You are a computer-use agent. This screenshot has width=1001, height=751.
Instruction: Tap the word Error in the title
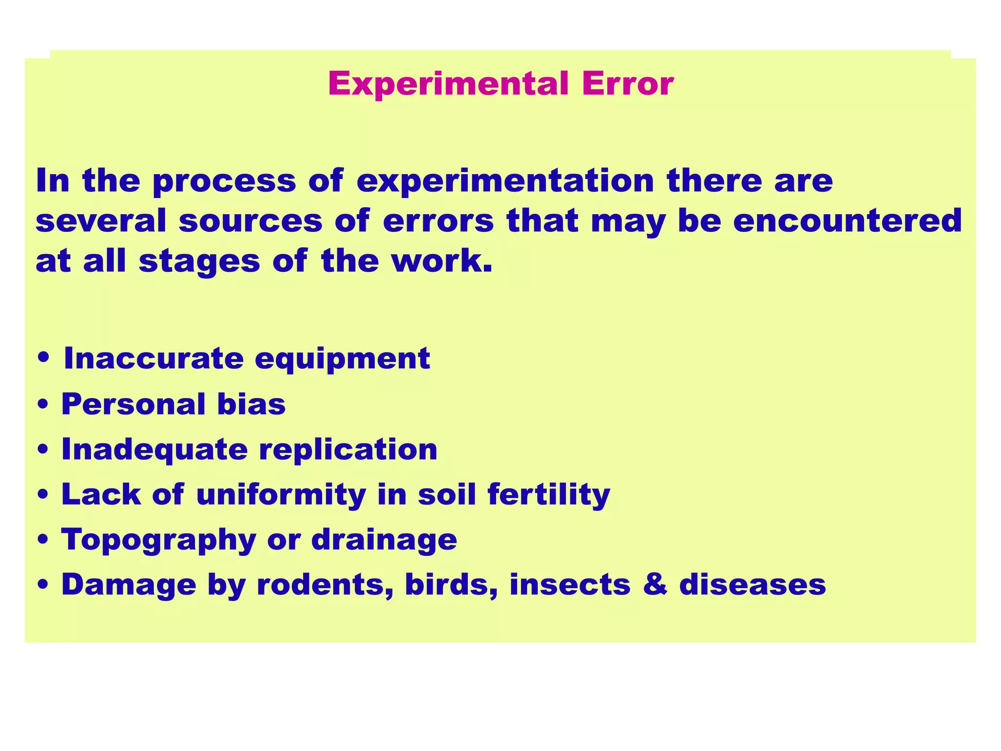coord(628,84)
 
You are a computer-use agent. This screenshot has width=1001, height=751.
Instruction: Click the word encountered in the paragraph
coord(848,221)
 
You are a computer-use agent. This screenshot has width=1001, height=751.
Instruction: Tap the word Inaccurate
coord(153,358)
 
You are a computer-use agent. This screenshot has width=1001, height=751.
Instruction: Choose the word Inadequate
coord(154,450)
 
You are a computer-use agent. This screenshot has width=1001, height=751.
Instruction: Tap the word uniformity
coord(281,495)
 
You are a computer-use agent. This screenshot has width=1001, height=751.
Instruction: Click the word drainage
coord(384,540)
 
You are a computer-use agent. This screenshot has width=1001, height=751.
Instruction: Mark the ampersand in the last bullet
coord(655,585)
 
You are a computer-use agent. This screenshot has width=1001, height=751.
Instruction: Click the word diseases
coord(752,585)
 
